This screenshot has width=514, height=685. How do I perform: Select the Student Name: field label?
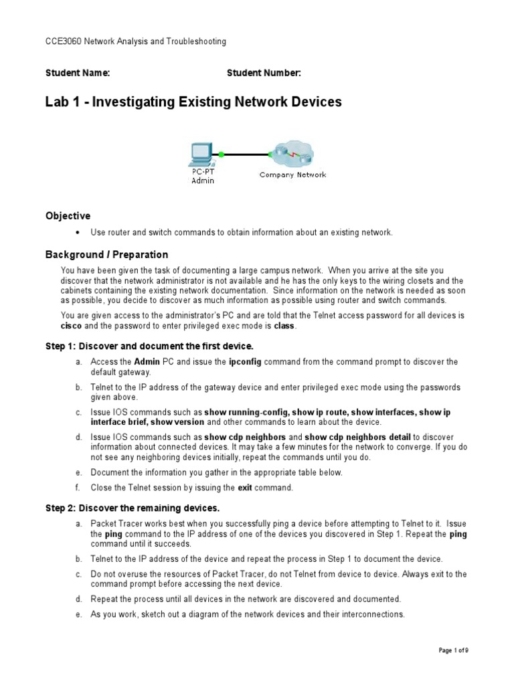tap(78, 73)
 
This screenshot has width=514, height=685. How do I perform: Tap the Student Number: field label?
tap(264, 73)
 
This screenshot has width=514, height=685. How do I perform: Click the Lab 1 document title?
tap(193, 102)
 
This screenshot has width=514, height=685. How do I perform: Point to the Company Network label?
tap(293, 175)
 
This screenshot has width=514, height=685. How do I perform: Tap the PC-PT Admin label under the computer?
tap(199, 177)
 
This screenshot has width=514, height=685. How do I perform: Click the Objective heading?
tap(68, 216)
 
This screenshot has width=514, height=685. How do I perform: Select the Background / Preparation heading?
tap(106, 255)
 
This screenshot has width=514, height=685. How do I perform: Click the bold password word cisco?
tap(71, 326)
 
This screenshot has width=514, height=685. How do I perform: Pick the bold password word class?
tap(284, 326)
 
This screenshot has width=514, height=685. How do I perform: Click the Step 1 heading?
tap(149, 346)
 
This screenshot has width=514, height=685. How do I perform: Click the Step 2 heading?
tap(133, 508)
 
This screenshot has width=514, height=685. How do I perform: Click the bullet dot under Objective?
tap(78, 233)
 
